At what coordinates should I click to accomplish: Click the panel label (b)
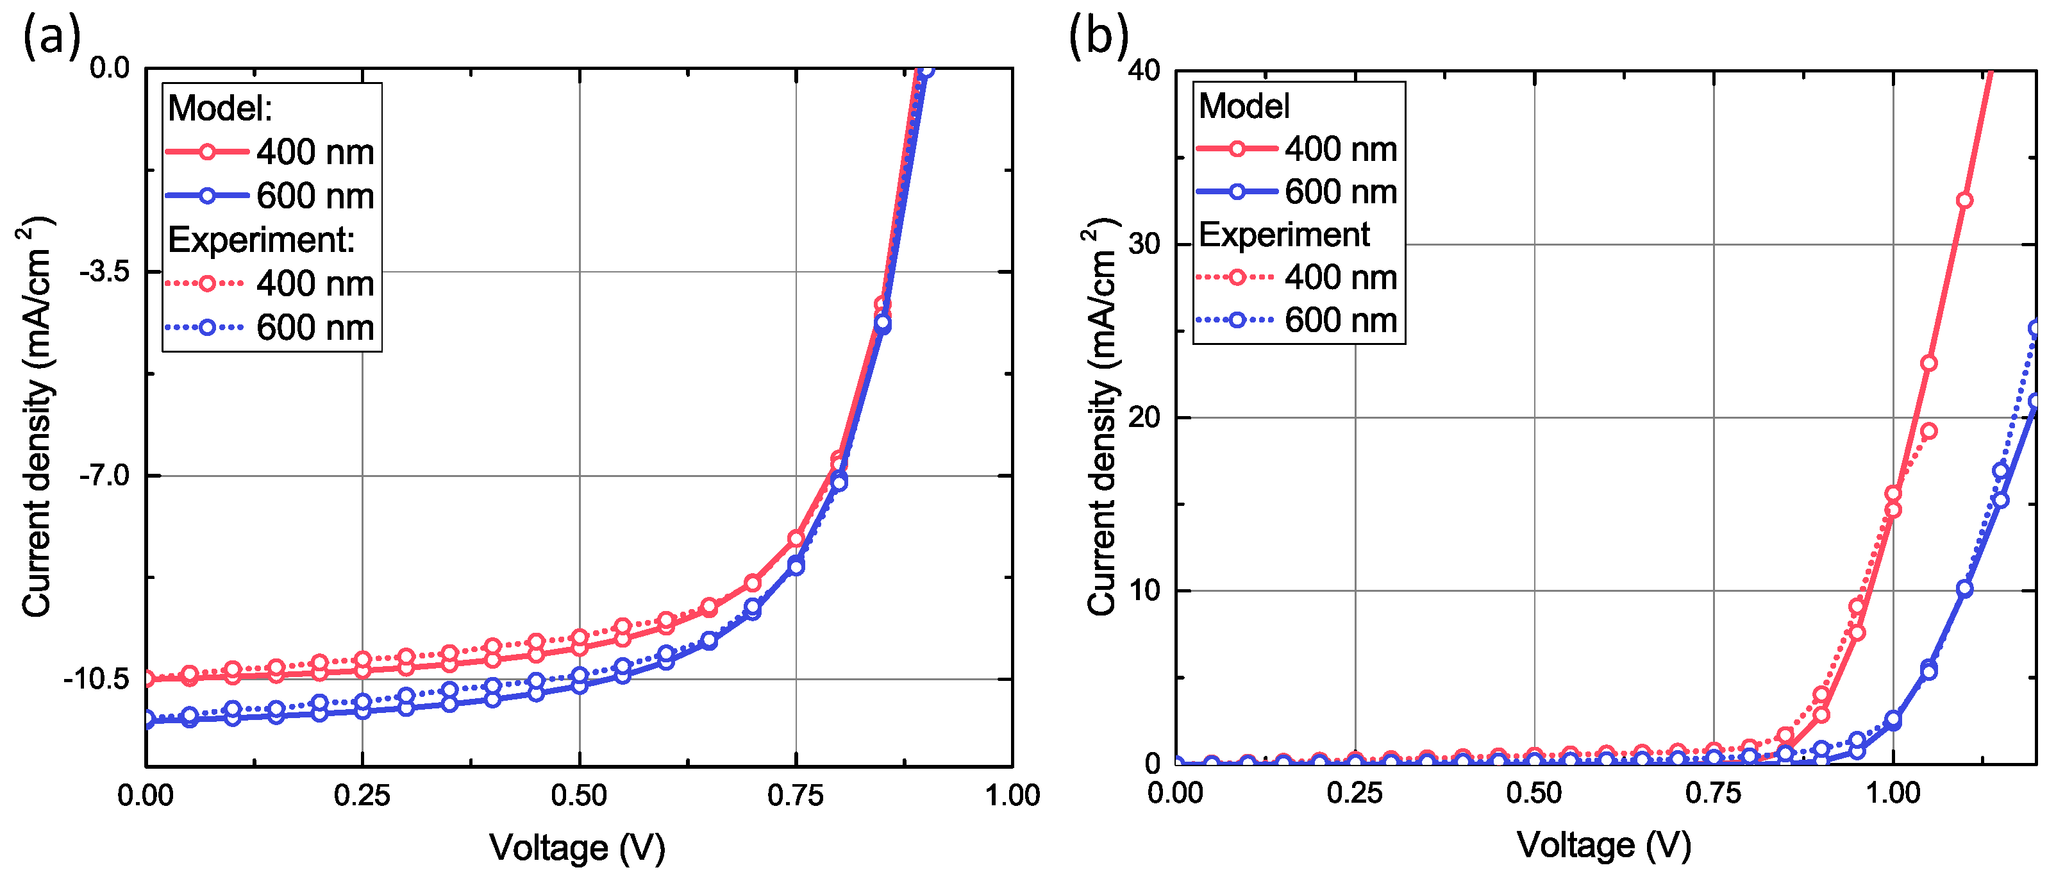[x=1098, y=36]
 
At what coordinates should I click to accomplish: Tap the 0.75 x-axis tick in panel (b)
[x=1713, y=793]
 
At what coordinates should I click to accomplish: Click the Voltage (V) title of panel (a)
[x=577, y=847]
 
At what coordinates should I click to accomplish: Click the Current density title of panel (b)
[x=1102, y=415]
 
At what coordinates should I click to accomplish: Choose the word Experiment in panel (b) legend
[x=1283, y=235]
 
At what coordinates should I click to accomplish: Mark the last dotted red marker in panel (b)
[x=1928, y=431]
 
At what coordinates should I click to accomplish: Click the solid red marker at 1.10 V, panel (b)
[x=1964, y=201]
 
